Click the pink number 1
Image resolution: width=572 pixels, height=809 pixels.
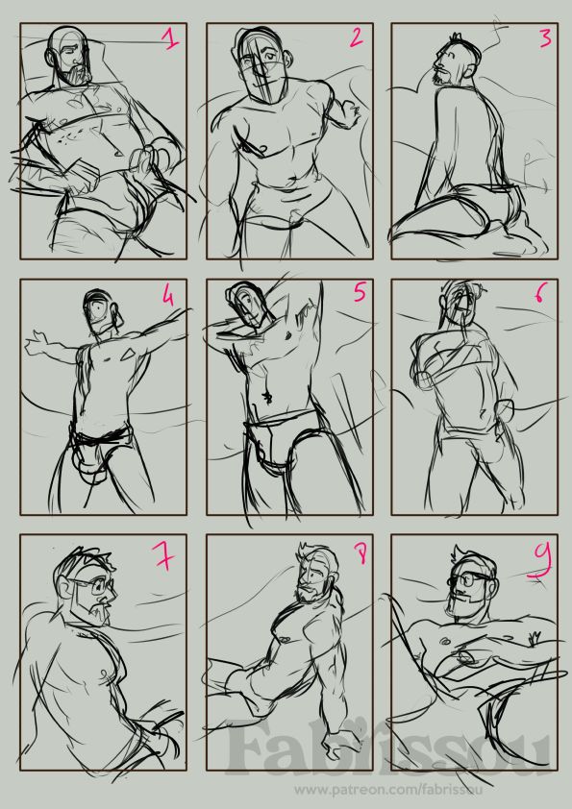click(x=170, y=39)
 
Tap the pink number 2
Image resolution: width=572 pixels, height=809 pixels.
click(x=357, y=37)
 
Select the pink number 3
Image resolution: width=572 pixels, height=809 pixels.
click(x=545, y=37)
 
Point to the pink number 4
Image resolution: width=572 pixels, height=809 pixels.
click(x=168, y=296)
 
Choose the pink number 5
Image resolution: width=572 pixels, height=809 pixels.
click(x=360, y=293)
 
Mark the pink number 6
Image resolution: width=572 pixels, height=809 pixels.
click(x=539, y=293)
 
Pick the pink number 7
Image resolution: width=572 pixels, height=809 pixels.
click(x=164, y=556)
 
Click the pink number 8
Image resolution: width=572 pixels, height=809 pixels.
click(x=361, y=554)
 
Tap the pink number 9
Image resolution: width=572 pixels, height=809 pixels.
click(x=540, y=561)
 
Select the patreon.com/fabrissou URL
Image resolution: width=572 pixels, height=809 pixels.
click(x=388, y=790)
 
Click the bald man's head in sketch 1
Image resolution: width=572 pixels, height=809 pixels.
click(x=68, y=55)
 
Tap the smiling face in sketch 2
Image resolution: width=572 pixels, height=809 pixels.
click(x=263, y=64)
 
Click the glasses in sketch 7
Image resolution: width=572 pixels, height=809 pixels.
click(x=93, y=586)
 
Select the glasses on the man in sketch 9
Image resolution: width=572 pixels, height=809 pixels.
click(x=470, y=579)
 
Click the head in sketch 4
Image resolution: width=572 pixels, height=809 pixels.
click(x=101, y=312)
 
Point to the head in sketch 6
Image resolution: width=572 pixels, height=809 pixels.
click(x=460, y=306)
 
